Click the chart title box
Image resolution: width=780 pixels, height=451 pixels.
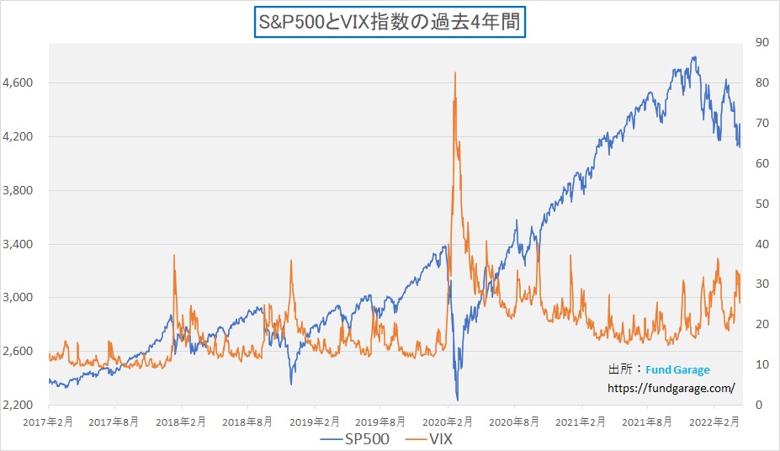390,21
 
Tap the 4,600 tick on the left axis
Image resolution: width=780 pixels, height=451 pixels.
17,82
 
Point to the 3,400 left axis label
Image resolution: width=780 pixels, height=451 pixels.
17,244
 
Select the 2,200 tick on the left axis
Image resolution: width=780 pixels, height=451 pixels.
17,405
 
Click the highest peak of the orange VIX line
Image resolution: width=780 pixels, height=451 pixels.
455,72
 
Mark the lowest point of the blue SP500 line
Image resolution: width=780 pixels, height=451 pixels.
458,400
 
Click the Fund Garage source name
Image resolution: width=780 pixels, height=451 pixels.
677,369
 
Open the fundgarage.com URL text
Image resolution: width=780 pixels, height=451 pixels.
671,388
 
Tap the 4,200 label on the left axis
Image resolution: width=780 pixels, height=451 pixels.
17,136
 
